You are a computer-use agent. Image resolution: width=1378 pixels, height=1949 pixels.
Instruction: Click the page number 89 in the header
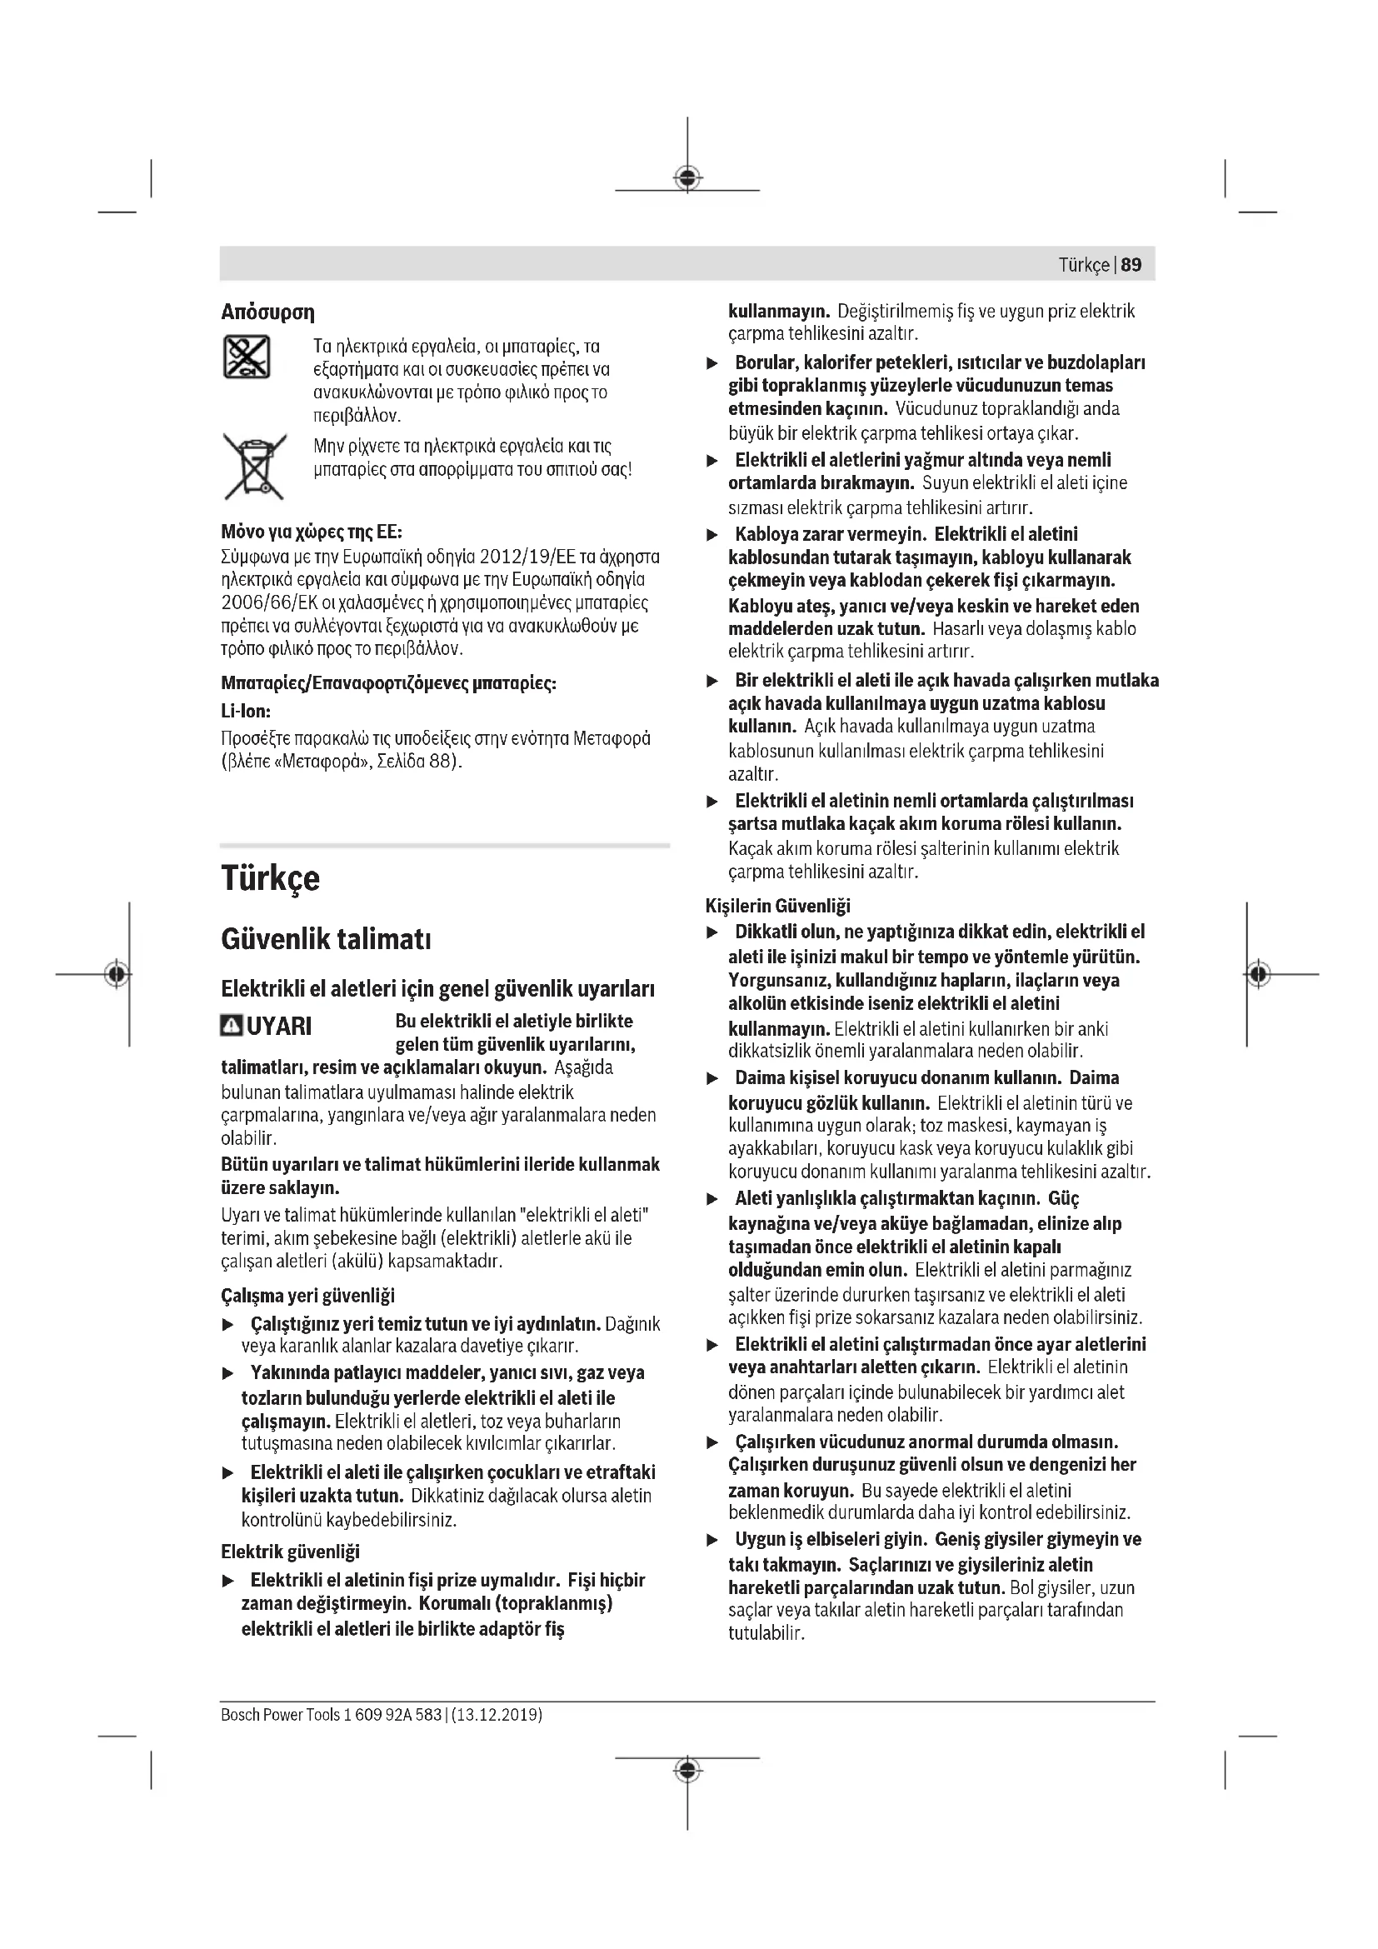pyautogui.click(x=1131, y=265)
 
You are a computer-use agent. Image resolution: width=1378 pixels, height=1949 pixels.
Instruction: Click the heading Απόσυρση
pyautogui.click(x=267, y=312)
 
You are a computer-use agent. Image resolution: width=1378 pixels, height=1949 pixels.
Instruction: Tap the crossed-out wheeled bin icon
pyautogui.click(x=254, y=466)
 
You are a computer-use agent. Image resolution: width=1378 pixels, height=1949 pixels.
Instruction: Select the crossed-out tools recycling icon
pyautogui.click(x=246, y=357)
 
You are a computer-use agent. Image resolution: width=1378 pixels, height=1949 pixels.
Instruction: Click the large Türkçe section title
pyautogui.click(x=270, y=877)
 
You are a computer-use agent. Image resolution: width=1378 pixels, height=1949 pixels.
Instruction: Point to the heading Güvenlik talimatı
pyautogui.click(x=326, y=940)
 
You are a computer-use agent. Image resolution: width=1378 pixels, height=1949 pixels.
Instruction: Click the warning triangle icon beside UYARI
pyautogui.click(x=231, y=1027)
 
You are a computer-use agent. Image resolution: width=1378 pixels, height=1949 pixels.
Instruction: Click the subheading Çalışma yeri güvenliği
pyautogui.click(x=307, y=1296)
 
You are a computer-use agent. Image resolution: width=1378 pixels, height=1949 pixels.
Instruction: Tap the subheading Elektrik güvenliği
pyautogui.click(x=290, y=1552)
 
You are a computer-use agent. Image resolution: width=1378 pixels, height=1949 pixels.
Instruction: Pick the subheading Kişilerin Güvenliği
pyautogui.click(x=777, y=906)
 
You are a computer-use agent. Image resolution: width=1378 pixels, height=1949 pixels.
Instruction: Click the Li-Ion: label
pyautogui.click(x=245, y=712)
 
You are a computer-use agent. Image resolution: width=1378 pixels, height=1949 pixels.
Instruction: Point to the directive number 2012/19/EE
pyautogui.click(x=527, y=557)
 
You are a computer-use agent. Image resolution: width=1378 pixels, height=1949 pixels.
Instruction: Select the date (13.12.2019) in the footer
pyautogui.click(x=497, y=1714)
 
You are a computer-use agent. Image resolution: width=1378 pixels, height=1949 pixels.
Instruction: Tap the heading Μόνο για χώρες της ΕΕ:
pyautogui.click(x=312, y=532)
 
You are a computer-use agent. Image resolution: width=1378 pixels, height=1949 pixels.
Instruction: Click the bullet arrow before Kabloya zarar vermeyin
pyautogui.click(x=713, y=535)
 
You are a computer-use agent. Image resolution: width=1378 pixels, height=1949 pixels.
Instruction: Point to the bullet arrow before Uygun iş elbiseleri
pyautogui.click(x=713, y=1540)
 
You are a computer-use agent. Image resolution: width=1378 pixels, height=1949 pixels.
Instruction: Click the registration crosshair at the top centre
pyautogui.click(x=687, y=177)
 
